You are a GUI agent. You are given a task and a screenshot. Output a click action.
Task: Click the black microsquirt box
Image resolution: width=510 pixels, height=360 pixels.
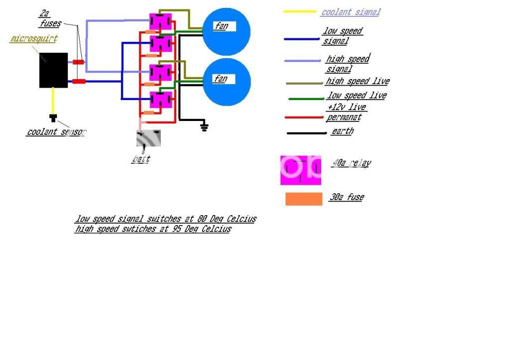[x=53, y=70]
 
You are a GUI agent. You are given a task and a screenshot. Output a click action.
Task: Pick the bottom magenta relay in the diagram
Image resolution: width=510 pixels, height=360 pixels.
[x=161, y=100]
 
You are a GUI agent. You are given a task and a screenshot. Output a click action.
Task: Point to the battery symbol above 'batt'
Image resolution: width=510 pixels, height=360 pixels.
[x=148, y=138]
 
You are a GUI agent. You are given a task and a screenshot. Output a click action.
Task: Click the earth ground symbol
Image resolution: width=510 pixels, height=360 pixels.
[x=204, y=127]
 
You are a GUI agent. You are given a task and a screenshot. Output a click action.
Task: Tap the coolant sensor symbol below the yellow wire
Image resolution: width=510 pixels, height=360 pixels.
[x=53, y=118]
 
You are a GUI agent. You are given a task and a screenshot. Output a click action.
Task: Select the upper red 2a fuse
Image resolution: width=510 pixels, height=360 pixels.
[x=79, y=62]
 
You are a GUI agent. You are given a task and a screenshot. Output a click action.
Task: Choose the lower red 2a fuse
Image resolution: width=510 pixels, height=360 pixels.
[x=79, y=81]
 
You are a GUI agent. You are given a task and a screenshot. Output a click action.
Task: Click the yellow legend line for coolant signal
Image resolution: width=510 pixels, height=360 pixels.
[x=300, y=11]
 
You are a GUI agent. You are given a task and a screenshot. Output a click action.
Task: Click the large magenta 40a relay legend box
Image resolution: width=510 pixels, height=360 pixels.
[x=300, y=170]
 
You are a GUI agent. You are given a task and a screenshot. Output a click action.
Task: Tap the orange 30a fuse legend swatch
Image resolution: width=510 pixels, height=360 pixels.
[x=304, y=199]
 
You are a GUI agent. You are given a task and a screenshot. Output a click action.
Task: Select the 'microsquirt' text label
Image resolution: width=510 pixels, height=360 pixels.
[x=33, y=39]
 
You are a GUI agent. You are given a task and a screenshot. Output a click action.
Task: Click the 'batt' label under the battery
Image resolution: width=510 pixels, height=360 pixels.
[x=140, y=160]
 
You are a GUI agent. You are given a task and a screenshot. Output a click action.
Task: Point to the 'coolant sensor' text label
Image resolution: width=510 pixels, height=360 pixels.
[x=56, y=132]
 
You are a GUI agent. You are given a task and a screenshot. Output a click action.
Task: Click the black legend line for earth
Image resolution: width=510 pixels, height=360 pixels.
[x=307, y=133]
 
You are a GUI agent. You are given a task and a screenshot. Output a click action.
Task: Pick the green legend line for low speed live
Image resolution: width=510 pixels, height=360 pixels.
[x=306, y=99]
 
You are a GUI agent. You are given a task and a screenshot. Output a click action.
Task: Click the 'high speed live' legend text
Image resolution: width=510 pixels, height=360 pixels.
[x=357, y=81]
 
